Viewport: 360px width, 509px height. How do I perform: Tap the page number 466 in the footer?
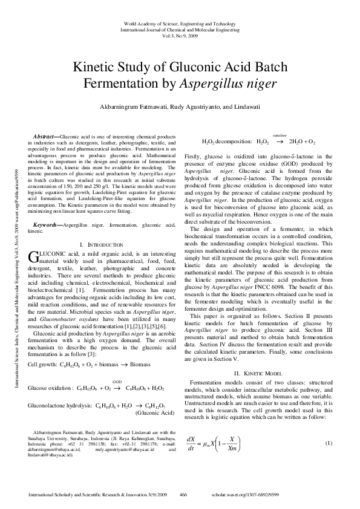click(183, 494)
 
